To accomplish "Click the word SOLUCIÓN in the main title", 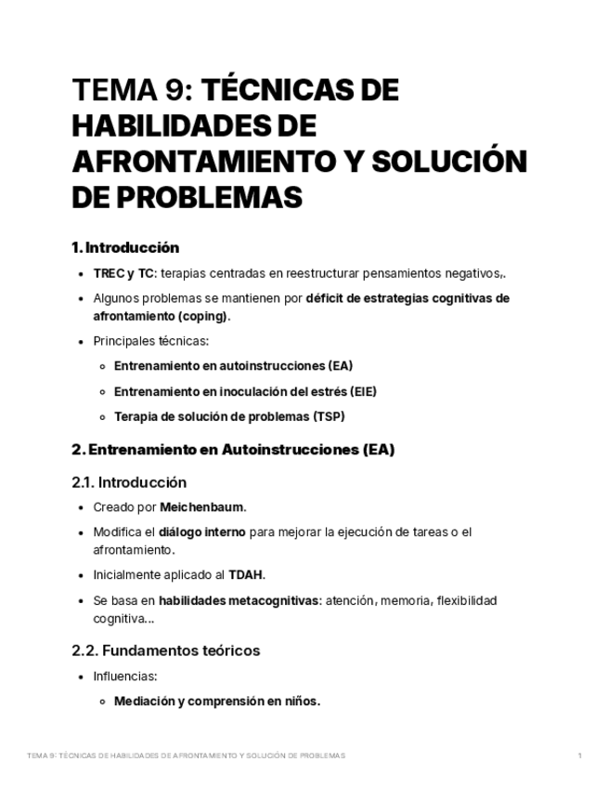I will click(448, 162).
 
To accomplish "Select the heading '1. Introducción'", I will click(125, 248).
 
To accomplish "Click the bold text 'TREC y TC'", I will click(123, 273).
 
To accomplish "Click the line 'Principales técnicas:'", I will click(150, 341).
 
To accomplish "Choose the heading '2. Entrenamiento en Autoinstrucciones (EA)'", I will click(233, 450).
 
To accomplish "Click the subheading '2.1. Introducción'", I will click(129, 482).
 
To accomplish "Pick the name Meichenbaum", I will click(202, 507).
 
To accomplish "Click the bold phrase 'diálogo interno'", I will click(202, 532).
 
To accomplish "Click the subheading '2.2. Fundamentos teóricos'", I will click(165, 650).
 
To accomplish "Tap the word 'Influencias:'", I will click(125, 676).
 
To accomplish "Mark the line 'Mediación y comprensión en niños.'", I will click(217, 702).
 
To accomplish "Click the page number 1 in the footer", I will click(580, 755).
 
